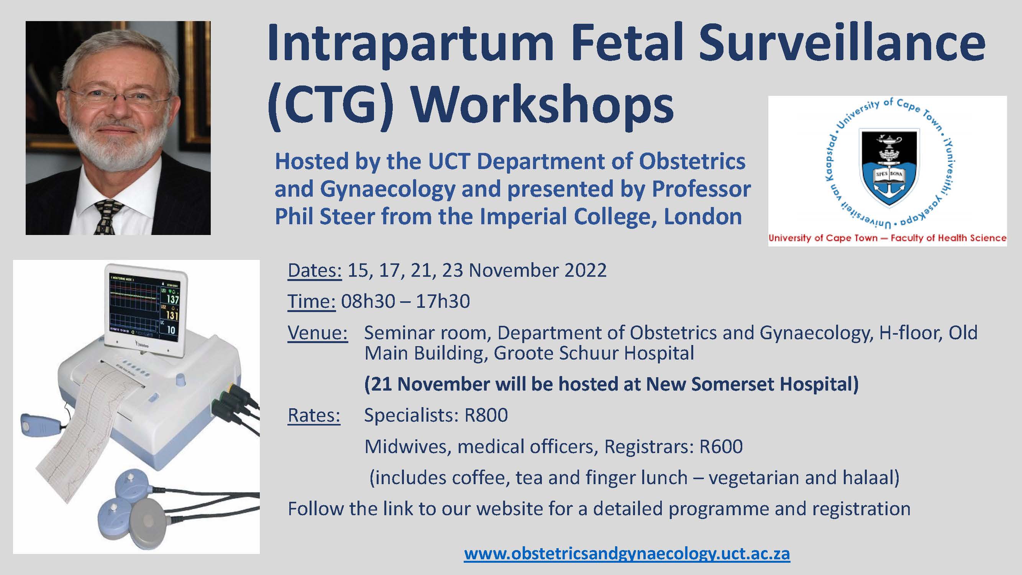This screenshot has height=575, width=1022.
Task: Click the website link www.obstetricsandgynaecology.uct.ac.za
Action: click(627, 554)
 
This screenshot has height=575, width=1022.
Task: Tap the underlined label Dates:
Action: click(315, 271)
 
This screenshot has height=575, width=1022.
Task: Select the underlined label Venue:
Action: click(318, 333)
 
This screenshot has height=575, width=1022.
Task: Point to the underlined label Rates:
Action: click(314, 416)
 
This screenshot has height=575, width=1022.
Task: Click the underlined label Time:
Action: click(312, 301)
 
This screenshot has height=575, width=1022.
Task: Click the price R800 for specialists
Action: click(486, 416)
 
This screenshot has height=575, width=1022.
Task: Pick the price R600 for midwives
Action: click(721, 447)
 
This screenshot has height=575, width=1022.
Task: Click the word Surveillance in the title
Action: click(842, 43)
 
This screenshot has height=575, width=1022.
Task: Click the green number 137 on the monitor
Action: click(172, 300)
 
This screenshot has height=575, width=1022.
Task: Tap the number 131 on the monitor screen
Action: click(172, 315)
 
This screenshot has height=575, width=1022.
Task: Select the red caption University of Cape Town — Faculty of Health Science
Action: click(887, 238)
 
